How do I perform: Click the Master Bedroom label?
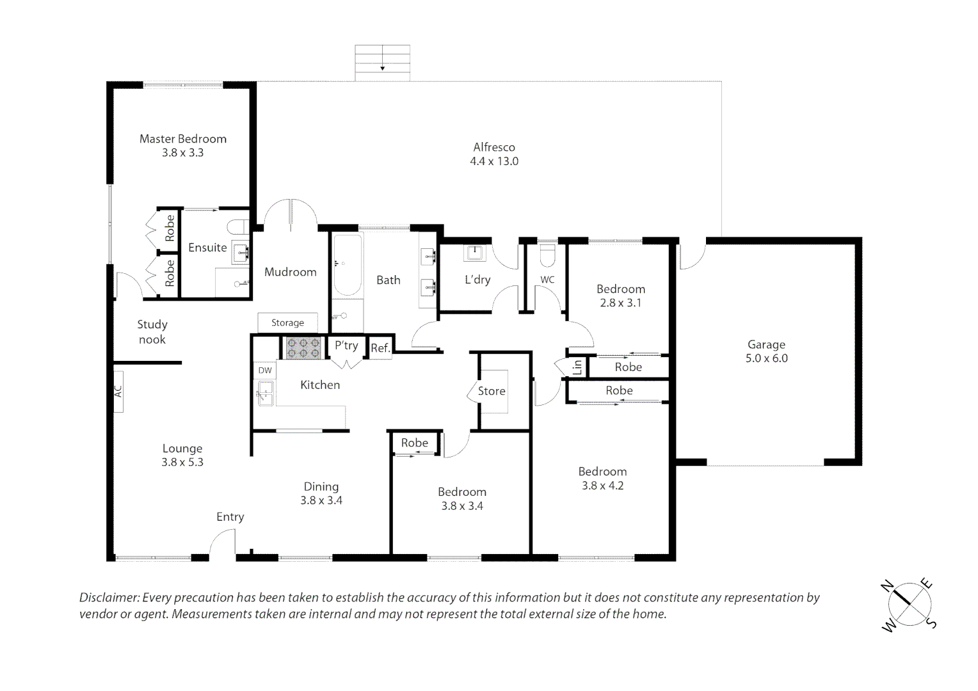(183, 139)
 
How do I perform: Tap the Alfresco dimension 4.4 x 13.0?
(494, 161)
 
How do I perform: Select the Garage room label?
(766, 345)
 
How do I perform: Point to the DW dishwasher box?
(265, 370)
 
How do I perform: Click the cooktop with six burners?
(303, 348)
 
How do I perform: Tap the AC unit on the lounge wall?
(118, 391)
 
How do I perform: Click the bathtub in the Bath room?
(348, 266)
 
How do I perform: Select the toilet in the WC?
(547, 255)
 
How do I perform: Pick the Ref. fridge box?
(380, 348)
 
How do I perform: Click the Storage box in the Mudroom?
(288, 322)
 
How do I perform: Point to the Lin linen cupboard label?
(577, 367)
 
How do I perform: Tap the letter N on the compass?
(887, 585)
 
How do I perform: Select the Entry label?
(230, 517)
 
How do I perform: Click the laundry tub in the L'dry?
(474, 253)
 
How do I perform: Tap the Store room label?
(492, 391)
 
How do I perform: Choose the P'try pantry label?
(346, 345)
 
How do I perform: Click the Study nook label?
(152, 332)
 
